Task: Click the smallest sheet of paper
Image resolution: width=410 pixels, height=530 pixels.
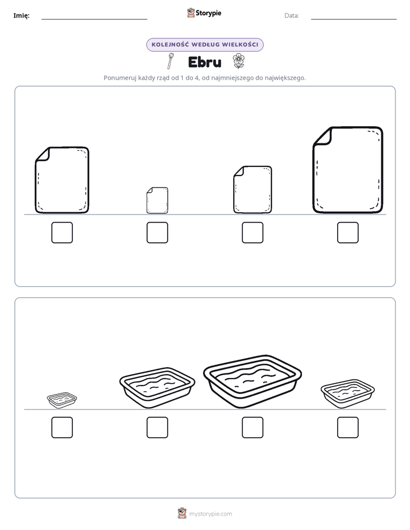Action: point(157,200)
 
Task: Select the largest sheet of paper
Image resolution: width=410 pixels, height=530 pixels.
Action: point(348,170)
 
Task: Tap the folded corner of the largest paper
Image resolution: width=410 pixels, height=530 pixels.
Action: point(322,136)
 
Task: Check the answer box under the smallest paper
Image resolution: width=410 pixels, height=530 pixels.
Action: point(157,232)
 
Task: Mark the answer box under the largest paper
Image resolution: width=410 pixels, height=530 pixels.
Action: point(348,232)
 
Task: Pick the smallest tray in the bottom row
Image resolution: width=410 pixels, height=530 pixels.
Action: point(62,400)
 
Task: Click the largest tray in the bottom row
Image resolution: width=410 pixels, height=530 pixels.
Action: point(252,381)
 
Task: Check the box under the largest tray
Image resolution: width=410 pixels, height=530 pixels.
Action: point(252,427)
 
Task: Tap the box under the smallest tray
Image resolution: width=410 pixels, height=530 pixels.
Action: point(62,427)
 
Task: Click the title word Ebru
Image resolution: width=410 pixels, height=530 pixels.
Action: point(204,62)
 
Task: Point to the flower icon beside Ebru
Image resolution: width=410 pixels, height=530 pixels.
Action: point(238,61)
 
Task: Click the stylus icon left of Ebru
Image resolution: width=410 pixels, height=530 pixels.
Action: point(171,61)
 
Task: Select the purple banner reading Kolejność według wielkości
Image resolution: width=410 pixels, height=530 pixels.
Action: point(204,45)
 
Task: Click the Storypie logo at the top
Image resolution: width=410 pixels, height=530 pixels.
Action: point(204,13)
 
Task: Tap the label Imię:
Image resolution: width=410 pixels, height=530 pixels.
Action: point(21,15)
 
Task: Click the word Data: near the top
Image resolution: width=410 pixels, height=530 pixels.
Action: point(292,15)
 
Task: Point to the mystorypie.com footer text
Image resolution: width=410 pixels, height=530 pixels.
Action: point(210,514)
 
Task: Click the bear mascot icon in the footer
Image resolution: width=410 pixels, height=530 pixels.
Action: point(182,513)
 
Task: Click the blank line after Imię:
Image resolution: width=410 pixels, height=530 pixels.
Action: point(94,19)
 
